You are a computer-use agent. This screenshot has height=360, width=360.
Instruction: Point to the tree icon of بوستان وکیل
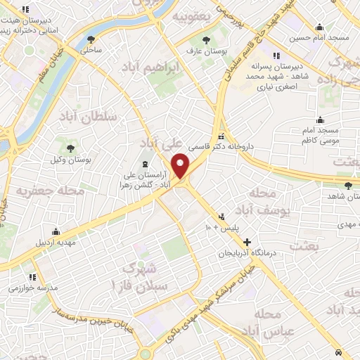tap(70, 147)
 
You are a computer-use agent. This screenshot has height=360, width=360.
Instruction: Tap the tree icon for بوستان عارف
tap(205, 40)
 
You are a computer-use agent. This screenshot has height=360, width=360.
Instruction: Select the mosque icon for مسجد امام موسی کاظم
tap(320, 120)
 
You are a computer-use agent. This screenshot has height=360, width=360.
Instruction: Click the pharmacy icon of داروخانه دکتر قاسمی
tap(221, 136)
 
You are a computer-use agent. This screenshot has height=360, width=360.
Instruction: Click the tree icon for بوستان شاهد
tap(348, 186)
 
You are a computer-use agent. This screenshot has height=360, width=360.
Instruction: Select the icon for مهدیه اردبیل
tap(56, 231)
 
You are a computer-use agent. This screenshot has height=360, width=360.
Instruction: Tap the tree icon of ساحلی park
tap(90, 39)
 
